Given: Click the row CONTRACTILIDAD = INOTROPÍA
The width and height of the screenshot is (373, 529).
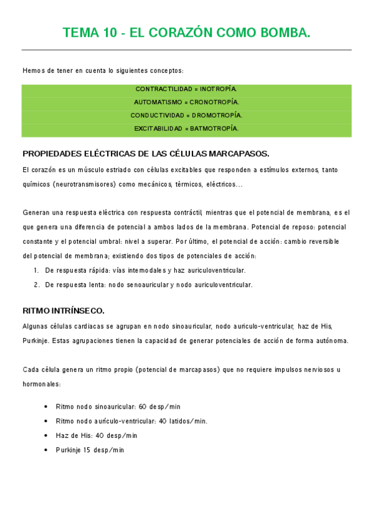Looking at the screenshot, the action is click(186, 89).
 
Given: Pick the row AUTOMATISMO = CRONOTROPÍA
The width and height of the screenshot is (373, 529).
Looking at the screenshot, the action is click(186, 102).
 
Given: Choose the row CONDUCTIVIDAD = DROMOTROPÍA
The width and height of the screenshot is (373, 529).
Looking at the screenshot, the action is click(186, 115).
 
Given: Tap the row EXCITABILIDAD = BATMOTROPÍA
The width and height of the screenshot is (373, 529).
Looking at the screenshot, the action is click(186, 129).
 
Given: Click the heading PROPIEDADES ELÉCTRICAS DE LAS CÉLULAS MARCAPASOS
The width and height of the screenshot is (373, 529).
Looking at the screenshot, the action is click(146, 153).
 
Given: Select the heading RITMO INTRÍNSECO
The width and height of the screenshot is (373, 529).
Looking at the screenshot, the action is click(64, 310).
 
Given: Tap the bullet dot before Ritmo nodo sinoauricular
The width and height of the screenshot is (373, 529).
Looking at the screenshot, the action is click(46, 406).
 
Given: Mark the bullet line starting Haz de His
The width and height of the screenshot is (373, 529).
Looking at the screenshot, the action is click(97, 435).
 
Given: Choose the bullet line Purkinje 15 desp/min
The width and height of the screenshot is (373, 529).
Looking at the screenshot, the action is click(90, 450).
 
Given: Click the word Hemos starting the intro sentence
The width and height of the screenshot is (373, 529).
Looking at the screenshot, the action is click(32, 70).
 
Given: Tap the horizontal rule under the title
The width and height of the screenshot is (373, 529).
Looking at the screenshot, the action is click(186, 50).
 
